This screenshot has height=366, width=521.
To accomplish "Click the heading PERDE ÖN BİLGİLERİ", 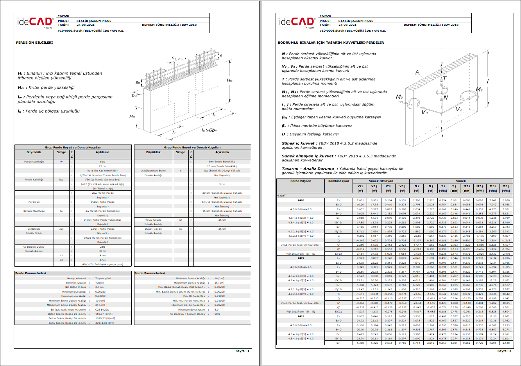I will [34, 42].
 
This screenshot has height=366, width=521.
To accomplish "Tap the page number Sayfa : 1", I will [242, 351].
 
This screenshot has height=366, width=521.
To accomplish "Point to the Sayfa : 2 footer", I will [504, 351].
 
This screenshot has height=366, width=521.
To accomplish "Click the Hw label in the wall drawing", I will [229, 80].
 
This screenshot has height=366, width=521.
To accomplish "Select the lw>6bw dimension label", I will [209, 130].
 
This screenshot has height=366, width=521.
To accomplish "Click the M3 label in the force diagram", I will [399, 97].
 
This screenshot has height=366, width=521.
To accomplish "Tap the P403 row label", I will [301, 200].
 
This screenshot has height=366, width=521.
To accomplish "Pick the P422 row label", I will [301, 258].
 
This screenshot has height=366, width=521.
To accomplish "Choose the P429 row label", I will [301, 316].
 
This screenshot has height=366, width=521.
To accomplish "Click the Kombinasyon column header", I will [338, 181].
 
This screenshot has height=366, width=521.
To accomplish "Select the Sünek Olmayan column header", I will [381, 181].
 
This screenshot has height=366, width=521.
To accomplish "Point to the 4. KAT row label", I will [281, 195].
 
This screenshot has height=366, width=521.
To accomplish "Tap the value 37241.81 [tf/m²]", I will [106, 323].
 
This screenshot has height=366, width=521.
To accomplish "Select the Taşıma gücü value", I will [103, 279].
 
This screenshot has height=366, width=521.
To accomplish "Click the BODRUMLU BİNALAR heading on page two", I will [331, 43].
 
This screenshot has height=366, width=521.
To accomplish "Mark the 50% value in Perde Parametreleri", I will [217, 314].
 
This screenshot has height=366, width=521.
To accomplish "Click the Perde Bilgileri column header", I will [301, 181].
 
